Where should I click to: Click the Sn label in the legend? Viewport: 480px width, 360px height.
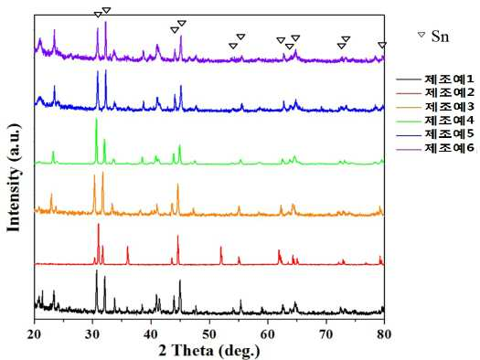point(440,37)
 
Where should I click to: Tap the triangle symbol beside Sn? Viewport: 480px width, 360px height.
point(421,34)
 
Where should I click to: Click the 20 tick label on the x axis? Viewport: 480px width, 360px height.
point(35,334)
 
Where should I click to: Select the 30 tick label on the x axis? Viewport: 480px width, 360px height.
point(92,334)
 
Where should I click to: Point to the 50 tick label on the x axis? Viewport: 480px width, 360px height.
point(209,334)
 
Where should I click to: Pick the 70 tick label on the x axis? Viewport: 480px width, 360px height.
point(326,334)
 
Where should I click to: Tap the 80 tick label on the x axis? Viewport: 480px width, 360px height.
point(384,334)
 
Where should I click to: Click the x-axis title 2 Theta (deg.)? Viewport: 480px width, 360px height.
point(209,351)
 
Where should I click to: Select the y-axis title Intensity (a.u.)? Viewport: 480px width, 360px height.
point(14,177)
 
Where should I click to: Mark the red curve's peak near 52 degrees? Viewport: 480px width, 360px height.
point(220,247)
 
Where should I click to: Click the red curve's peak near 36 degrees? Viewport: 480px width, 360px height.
point(127,247)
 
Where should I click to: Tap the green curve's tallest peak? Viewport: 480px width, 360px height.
point(96,119)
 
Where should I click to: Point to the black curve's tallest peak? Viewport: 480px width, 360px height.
point(97,270)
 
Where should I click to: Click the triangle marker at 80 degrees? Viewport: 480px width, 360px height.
point(382,46)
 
